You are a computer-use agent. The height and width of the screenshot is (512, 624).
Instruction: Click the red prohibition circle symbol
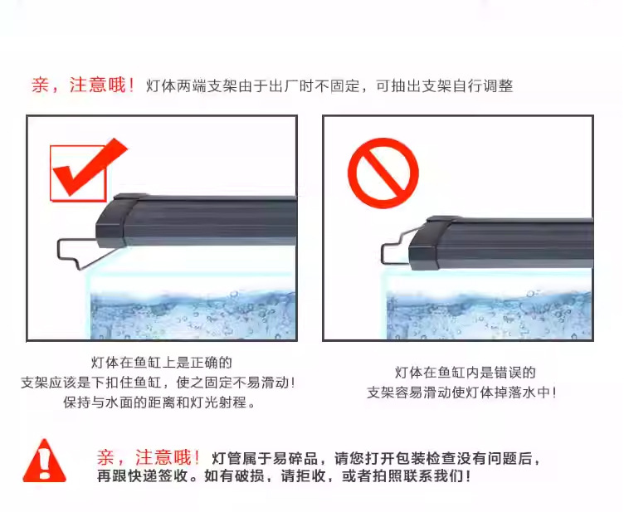pos(383,173)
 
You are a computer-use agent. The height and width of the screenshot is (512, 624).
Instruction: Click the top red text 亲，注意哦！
pos(83,85)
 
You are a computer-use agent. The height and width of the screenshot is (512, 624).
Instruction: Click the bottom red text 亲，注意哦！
pos(149,457)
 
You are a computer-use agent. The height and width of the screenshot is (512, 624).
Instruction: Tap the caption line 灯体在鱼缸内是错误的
pos(465,373)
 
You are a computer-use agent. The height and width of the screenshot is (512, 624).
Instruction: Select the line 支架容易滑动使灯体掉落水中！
pos(462,393)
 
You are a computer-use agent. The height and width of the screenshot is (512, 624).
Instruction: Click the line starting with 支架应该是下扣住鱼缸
pos(158,383)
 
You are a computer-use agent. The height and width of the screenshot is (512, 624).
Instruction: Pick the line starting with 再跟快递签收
pos(285,477)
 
